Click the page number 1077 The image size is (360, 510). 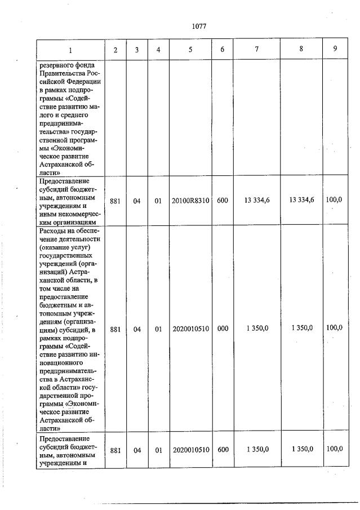(199, 26)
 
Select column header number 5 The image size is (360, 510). (190, 50)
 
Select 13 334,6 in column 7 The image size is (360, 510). (256, 199)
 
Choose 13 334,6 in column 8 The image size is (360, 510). (301, 199)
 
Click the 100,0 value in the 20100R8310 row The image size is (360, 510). (335, 199)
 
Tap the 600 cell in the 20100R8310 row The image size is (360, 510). (223, 200)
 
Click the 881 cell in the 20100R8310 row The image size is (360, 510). (115, 200)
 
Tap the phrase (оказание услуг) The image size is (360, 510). (65, 249)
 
